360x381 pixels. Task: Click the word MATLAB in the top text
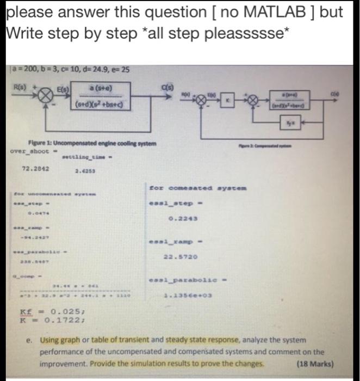click(x=245, y=13)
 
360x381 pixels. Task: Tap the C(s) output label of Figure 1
click(x=167, y=85)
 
